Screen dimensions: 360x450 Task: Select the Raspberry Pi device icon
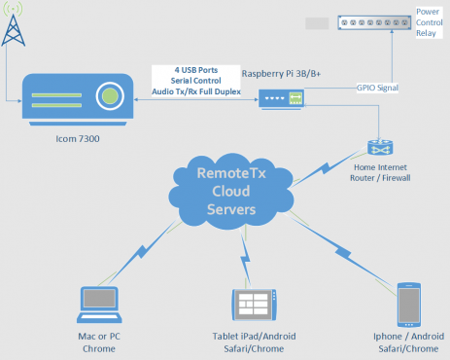click(281, 97)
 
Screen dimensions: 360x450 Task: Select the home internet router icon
click(378, 147)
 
